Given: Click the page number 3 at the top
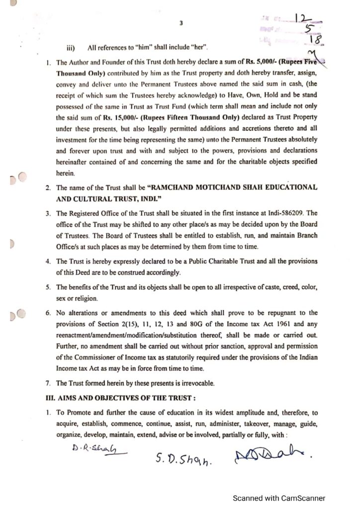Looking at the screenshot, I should click(181, 22).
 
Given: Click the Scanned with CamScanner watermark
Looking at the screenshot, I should click(280, 498).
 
